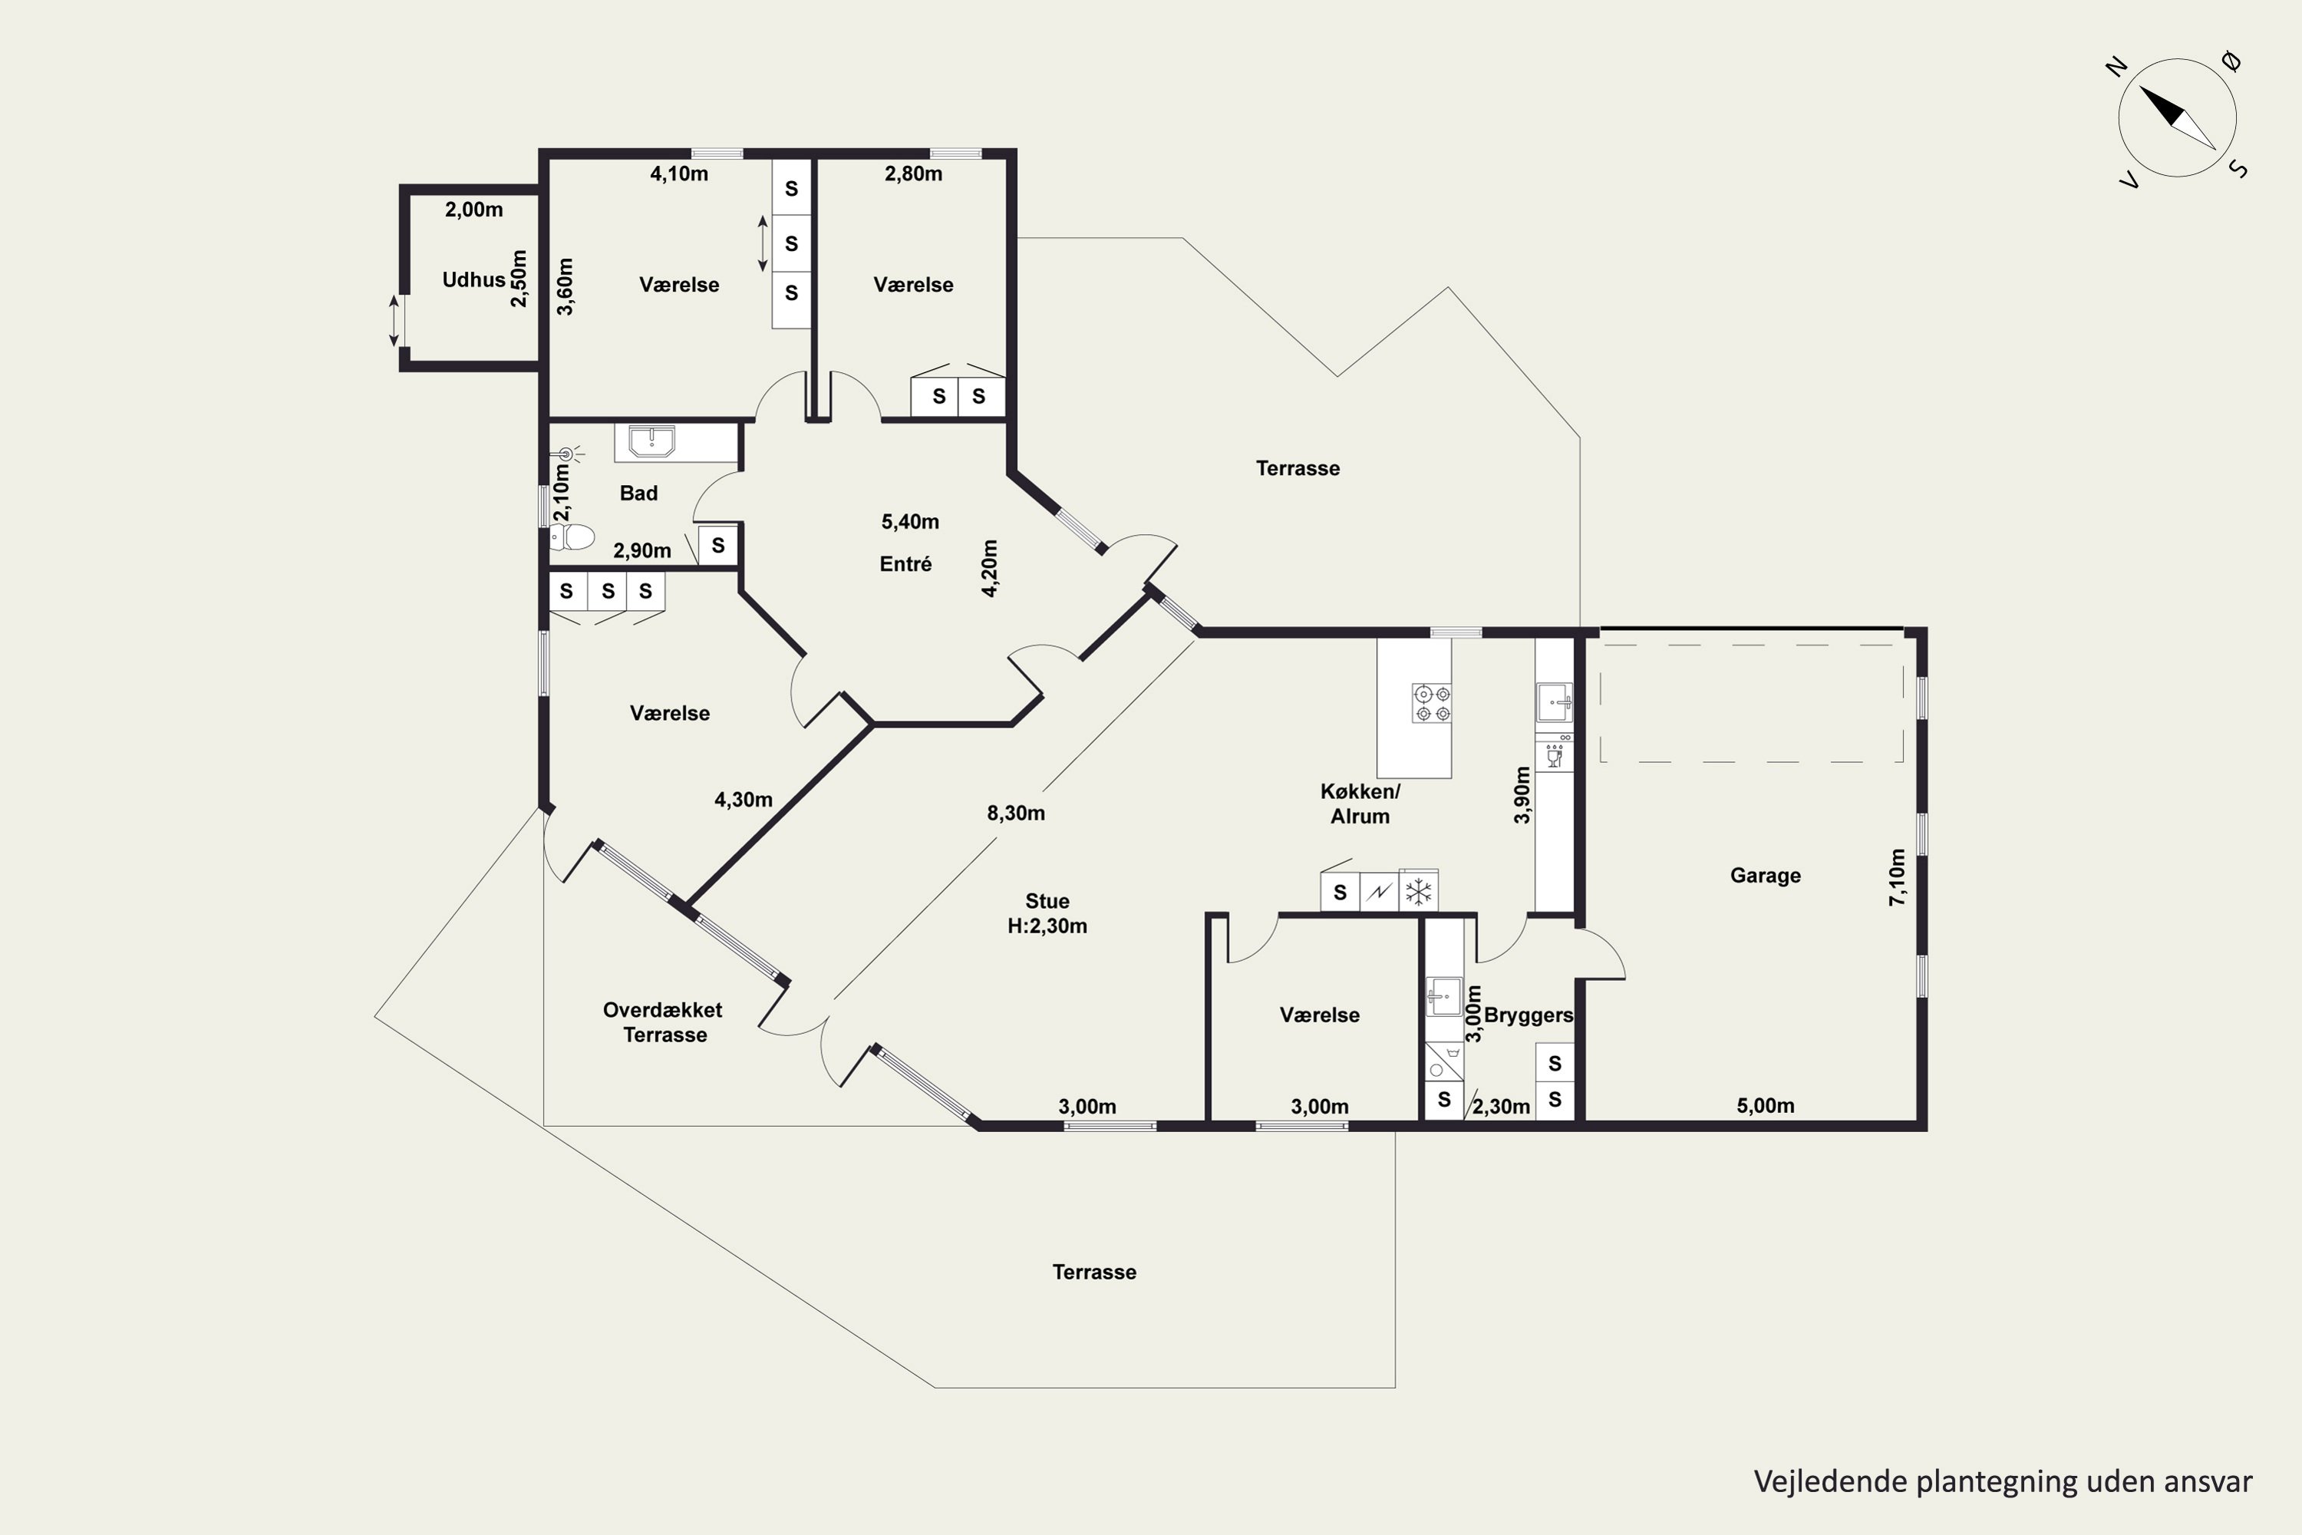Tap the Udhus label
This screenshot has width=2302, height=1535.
(473, 280)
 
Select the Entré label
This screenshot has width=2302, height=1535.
(905, 564)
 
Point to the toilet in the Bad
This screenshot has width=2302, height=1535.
(572, 536)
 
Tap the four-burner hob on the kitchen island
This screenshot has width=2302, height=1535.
(1431, 704)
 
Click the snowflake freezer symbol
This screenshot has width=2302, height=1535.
(1418, 892)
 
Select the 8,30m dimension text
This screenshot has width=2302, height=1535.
(1016, 814)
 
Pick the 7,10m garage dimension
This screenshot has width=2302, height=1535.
(1897, 877)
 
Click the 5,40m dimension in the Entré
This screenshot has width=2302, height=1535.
(910, 522)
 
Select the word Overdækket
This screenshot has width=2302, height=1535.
(663, 1010)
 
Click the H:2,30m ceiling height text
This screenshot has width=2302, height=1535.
(1047, 926)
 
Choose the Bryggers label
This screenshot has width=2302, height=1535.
(1529, 1015)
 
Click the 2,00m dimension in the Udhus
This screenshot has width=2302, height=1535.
(473, 210)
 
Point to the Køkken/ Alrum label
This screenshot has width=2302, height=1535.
(1360, 804)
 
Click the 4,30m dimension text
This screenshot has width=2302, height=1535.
(744, 800)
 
